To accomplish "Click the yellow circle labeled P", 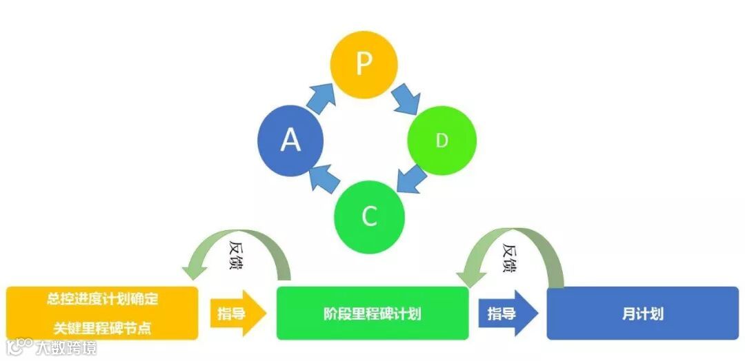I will [364, 65].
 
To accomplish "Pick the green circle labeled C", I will [369, 216].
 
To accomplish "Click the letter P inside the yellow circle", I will [364, 64].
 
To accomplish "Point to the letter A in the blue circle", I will [290, 141].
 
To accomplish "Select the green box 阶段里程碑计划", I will [372, 314].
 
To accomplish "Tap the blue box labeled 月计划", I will [642, 314].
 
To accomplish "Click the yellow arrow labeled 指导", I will [237, 314].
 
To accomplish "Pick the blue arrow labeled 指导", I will [507, 314].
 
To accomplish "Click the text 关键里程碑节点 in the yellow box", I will [102, 328].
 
